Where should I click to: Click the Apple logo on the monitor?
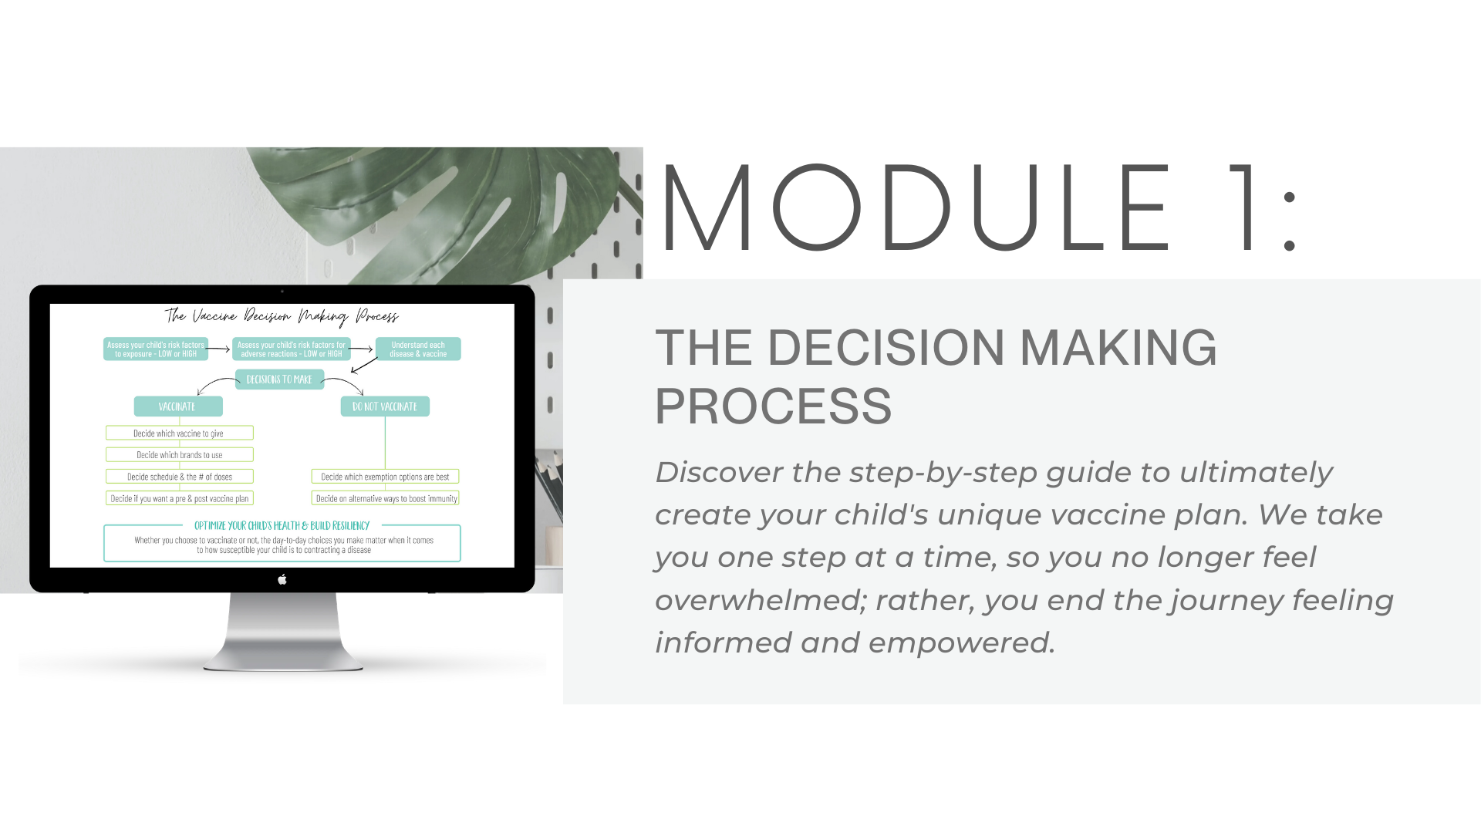coord(282,579)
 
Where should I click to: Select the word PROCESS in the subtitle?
coord(773,406)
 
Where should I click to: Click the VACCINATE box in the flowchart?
coord(178,406)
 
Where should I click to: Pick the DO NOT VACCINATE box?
coord(385,406)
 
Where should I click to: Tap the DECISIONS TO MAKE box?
coord(279,379)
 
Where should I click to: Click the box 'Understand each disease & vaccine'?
coord(418,349)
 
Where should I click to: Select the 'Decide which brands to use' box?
coord(180,455)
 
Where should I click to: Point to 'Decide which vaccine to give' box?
coord(180,433)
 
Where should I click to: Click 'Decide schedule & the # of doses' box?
coord(180,477)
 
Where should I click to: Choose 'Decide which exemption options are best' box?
coord(385,477)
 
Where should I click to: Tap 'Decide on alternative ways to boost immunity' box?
coord(385,498)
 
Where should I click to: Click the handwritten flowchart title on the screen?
coord(282,316)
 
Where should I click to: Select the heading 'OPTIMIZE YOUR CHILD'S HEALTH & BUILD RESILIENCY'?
coord(282,525)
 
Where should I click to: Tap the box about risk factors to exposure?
coord(156,349)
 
